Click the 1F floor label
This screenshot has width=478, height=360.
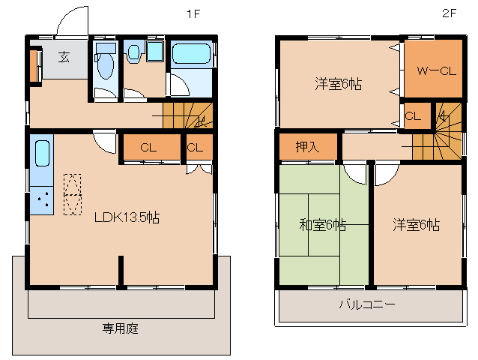coord(193,13)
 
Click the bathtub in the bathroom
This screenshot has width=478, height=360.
coord(193,55)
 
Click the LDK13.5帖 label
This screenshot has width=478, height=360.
coord(126,217)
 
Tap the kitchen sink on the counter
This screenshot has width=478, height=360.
coord(42,154)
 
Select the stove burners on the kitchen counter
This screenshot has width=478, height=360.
coord(42,200)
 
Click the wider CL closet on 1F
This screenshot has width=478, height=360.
coord(148,148)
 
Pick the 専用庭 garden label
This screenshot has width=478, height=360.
coord(121,328)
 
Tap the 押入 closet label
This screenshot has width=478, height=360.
coord(307,146)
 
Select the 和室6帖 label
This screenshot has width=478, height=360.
coord(323,224)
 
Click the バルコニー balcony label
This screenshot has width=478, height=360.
coord(367,304)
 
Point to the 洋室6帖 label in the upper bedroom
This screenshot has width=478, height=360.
coord(339,84)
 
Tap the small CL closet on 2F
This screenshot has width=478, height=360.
coord(414,116)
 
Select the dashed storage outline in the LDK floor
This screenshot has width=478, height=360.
coord(72,194)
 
